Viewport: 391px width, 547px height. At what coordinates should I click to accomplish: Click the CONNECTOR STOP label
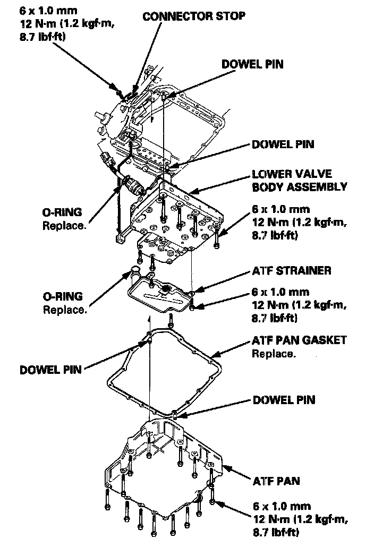coord(193,16)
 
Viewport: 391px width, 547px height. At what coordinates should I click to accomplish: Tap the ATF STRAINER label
coord(292,271)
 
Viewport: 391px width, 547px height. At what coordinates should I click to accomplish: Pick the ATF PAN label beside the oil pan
coord(276,482)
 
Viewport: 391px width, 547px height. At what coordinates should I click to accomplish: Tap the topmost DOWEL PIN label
coord(252,64)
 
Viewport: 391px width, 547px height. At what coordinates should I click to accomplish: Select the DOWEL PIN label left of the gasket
coord(51,370)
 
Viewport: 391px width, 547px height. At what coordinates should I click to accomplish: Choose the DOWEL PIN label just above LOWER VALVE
coord(283,144)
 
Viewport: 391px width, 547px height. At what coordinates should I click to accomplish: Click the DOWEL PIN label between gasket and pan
coord(284,400)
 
